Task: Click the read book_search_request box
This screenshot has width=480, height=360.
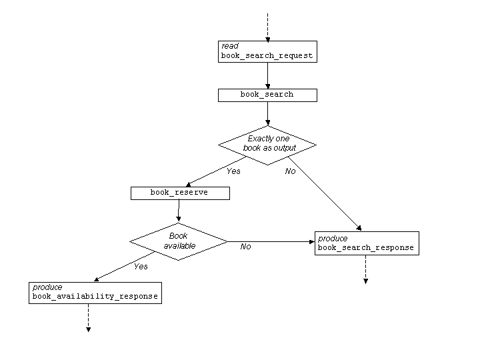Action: (x=267, y=51)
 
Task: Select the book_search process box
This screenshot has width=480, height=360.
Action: (x=267, y=95)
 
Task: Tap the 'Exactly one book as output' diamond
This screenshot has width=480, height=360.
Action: (x=267, y=144)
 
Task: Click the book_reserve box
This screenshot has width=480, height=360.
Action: (x=180, y=193)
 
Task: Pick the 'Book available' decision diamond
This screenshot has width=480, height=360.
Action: (x=179, y=241)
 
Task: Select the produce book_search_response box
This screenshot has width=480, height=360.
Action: (x=366, y=243)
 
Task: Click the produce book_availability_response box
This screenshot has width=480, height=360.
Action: (x=95, y=293)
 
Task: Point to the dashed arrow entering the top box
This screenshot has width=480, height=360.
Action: (x=267, y=27)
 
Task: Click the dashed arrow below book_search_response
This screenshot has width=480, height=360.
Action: (x=365, y=269)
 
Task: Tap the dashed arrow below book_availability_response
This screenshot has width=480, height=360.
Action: (x=88, y=317)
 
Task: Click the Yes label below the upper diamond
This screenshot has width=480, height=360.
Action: (x=233, y=171)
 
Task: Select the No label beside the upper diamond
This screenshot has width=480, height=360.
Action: (x=290, y=171)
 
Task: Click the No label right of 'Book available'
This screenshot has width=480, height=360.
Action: (x=245, y=247)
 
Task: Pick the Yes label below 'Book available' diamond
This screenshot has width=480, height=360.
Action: (x=141, y=267)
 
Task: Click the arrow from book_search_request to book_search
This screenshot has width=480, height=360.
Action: (x=267, y=75)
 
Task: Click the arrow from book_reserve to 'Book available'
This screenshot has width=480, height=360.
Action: (x=179, y=211)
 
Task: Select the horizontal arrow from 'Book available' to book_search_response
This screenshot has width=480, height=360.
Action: (x=270, y=241)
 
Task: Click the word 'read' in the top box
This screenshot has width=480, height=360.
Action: (x=230, y=46)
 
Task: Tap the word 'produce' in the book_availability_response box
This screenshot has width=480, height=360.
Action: (x=47, y=287)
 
